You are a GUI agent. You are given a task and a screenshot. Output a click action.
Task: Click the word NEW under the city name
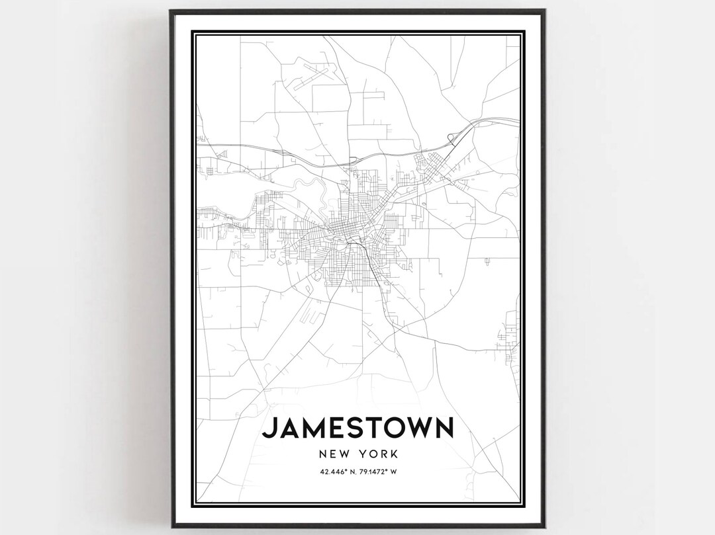(333, 454)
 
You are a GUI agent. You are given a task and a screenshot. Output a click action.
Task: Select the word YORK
(379, 454)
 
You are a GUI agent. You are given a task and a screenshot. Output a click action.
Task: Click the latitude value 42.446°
(330, 472)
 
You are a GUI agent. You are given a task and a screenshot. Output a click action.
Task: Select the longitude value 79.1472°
(375, 472)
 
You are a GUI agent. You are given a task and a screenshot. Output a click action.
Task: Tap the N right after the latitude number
(349, 472)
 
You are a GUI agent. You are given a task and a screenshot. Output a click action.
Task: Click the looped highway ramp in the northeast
(452, 138)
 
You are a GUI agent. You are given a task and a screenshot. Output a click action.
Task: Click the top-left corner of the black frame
(170, 11)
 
